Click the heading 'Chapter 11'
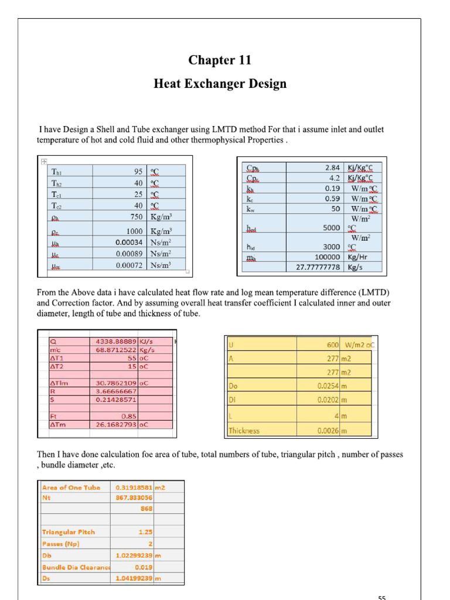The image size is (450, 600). tap(220, 60)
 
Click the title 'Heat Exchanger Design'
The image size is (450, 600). tap(220, 84)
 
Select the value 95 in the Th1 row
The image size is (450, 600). tap(138, 172)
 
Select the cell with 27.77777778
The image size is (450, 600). tap(313, 267)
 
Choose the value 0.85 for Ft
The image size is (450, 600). tap(128, 417)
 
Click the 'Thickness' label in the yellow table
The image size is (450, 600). tap(244, 431)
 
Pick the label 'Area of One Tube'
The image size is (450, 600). tap(71, 487)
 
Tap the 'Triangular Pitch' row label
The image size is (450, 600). tap(68, 532)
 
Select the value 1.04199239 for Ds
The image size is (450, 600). tap(134, 578)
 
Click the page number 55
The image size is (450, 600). tap(381, 597)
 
